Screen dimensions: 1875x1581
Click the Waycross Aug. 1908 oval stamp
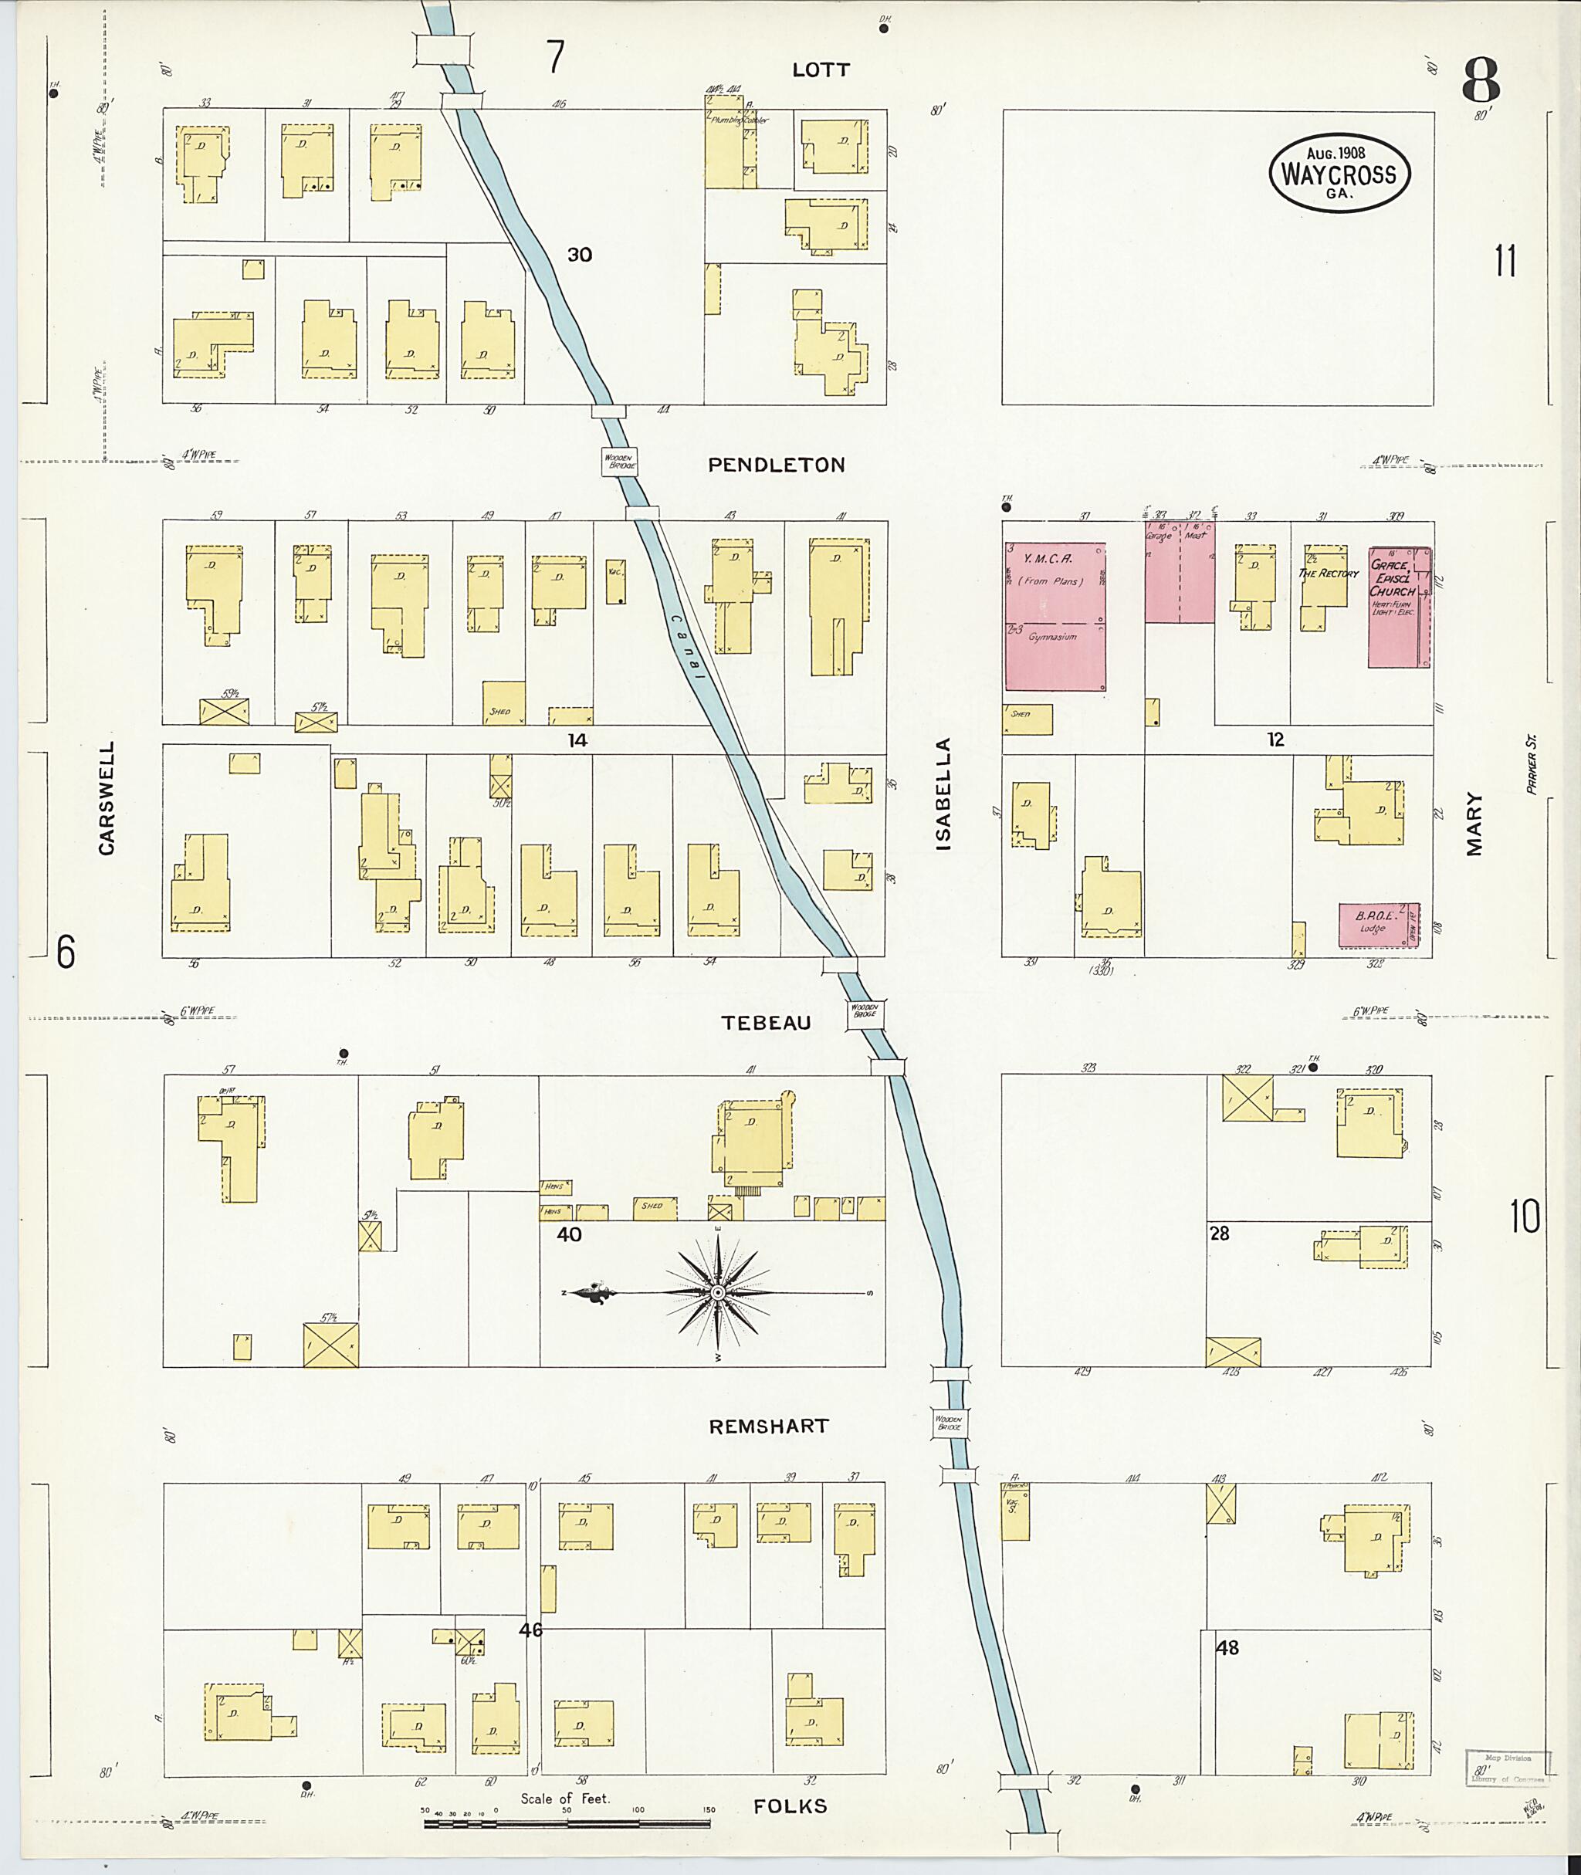[1339, 174]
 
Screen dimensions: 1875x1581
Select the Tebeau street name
[767, 1023]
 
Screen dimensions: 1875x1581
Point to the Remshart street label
[769, 1426]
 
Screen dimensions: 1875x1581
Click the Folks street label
[790, 1806]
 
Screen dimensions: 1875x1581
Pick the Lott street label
[821, 70]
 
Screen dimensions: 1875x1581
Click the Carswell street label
[107, 797]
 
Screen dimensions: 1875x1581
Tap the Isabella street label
[944, 794]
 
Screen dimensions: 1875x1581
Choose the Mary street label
[1474, 824]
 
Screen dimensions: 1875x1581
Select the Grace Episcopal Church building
[1398, 607]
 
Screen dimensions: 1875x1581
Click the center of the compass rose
[718, 1293]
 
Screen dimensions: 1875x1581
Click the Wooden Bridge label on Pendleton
[619, 462]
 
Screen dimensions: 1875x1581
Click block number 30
[579, 255]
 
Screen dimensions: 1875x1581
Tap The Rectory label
[1329, 573]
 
